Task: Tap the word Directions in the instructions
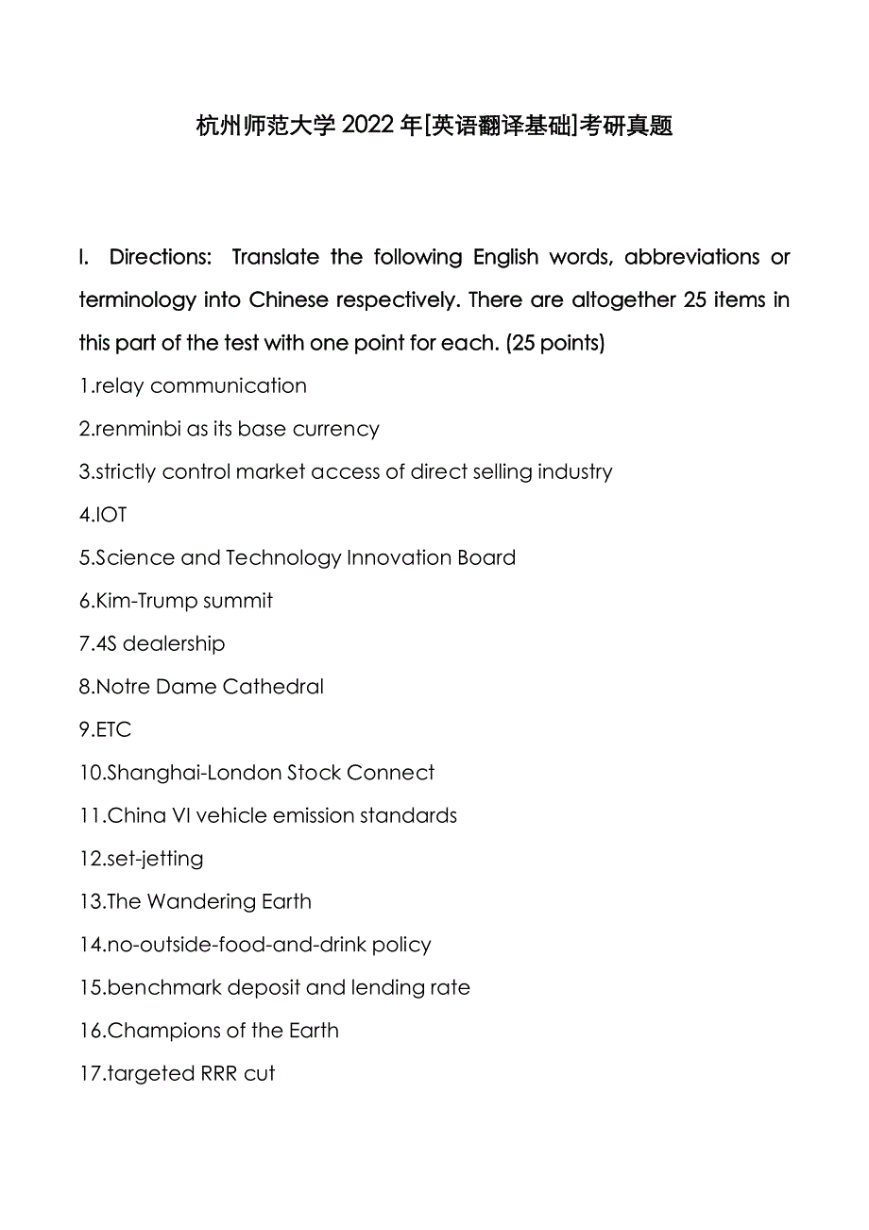pos(160,257)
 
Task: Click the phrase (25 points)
pos(555,343)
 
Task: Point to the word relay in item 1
pos(119,385)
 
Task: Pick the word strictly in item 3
pos(126,471)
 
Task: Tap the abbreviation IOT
pos(111,515)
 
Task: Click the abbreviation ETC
pos(113,729)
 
